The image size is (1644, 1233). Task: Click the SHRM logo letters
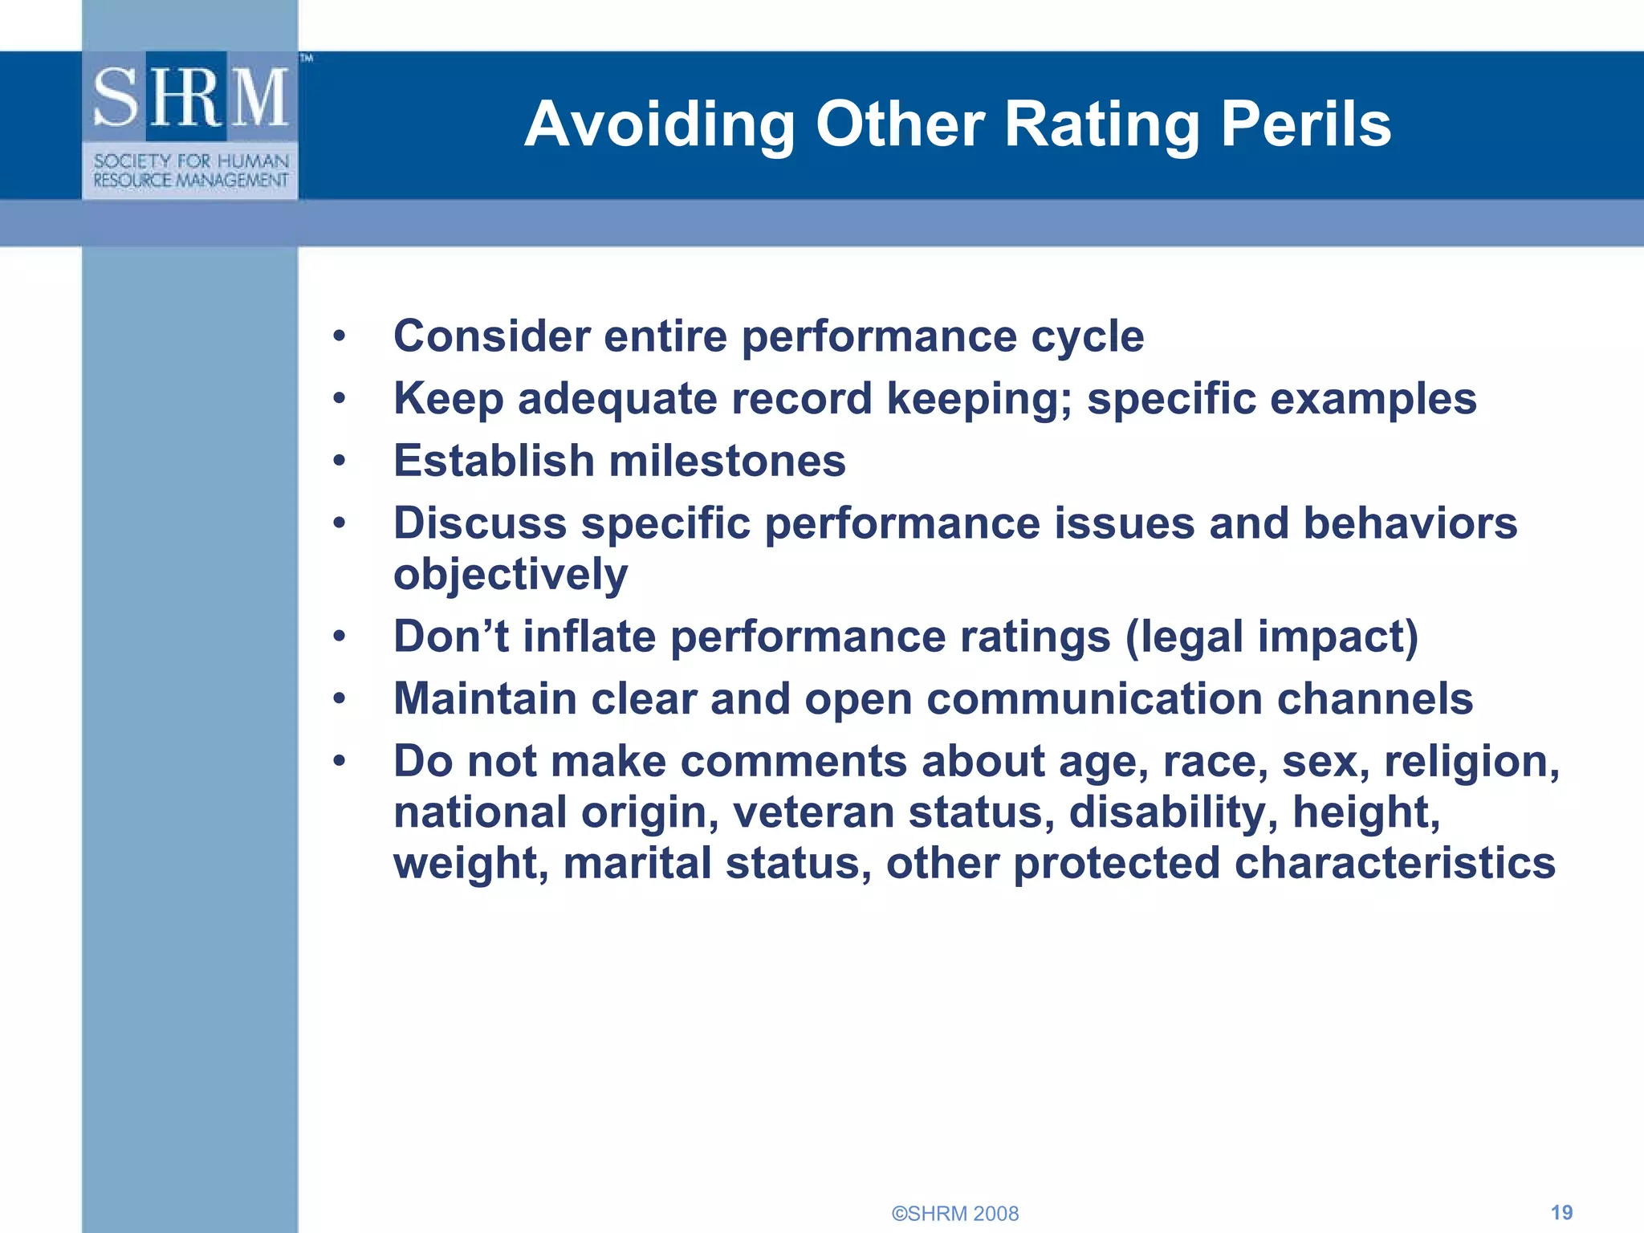point(190,97)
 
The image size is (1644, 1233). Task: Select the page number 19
point(1561,1212)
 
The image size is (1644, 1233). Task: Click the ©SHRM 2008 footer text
point(955,1214)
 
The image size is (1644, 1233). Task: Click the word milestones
point(727,462)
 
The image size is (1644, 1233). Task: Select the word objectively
point(511,576)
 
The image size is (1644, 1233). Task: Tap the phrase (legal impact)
point(1272,637)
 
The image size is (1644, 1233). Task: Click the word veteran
point(813,812)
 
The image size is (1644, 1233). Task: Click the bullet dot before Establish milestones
point(340,462)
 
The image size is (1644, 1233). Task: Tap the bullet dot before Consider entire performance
point(340,336)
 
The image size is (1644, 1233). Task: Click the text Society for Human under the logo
point(191,161)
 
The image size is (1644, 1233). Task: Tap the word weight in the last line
point(470,864)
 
